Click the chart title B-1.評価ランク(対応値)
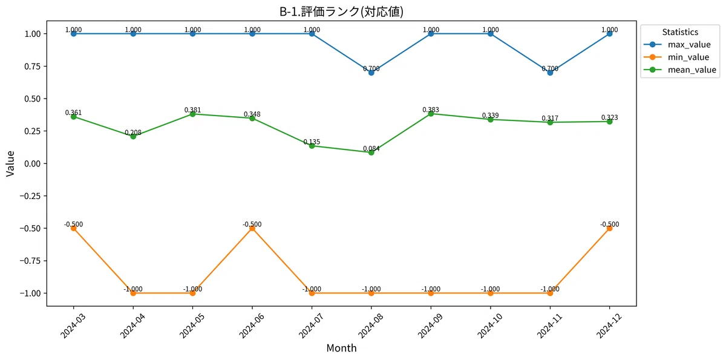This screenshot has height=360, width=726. coord(341,11)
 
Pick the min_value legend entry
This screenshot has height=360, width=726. coord(676,57)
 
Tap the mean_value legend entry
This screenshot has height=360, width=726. coord(679,70)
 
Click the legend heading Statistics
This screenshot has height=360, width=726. coord(680,32)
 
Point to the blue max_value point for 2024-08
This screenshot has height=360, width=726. coord(371,73)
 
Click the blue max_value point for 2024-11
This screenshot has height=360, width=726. coord(550,73)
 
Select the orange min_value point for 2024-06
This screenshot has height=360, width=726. coord(252,228)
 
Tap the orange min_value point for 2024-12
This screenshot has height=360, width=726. coord(609,228)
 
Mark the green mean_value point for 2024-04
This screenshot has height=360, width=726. coord(133,136)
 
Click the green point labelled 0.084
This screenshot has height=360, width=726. coord(371,152)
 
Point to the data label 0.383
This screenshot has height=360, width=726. coord(431,110)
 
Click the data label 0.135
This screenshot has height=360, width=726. coord(312,142)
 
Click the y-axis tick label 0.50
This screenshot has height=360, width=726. coord(33,99)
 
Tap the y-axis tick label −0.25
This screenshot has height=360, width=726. coord(30,196)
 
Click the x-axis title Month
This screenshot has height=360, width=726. coord(341,348)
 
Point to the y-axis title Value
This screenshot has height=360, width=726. coord(10,163)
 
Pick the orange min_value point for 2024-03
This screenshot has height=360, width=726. coord(74,228)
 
